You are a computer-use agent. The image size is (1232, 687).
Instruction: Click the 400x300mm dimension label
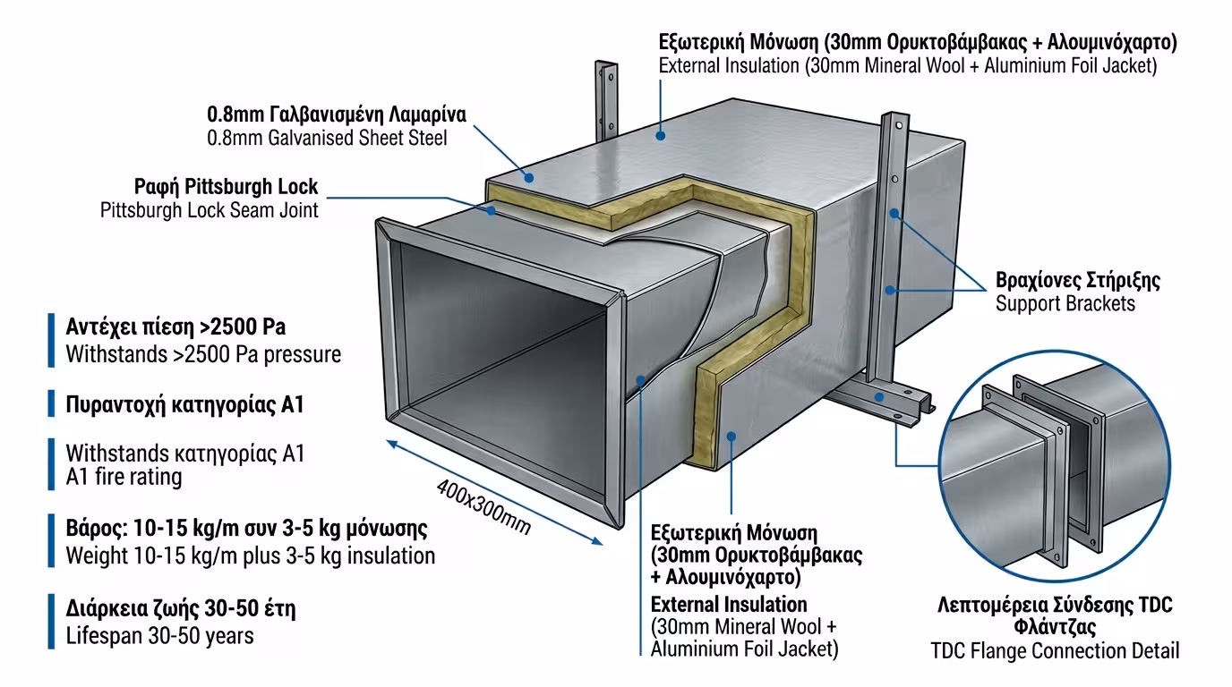click(483, 507)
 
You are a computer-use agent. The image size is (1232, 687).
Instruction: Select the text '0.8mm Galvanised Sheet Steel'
click(327, 138)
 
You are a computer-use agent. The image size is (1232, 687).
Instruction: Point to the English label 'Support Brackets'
click(1065, 303)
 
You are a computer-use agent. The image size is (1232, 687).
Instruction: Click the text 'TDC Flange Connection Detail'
click(1055, 650)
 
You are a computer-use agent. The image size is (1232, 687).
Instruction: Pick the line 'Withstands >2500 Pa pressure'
click(203, 354)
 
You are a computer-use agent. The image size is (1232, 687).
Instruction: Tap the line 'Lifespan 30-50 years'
click(159, 636)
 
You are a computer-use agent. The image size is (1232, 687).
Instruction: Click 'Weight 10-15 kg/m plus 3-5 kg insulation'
click(250, 556)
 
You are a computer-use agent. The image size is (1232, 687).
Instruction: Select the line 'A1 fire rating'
click(124, 477)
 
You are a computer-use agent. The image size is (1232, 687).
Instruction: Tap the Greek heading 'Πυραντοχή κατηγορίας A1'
click(185, 404)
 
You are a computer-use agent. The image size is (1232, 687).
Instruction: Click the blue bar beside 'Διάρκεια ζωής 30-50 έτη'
click(51, 622)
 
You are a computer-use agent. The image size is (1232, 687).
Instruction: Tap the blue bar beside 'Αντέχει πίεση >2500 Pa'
click(51, 340)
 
